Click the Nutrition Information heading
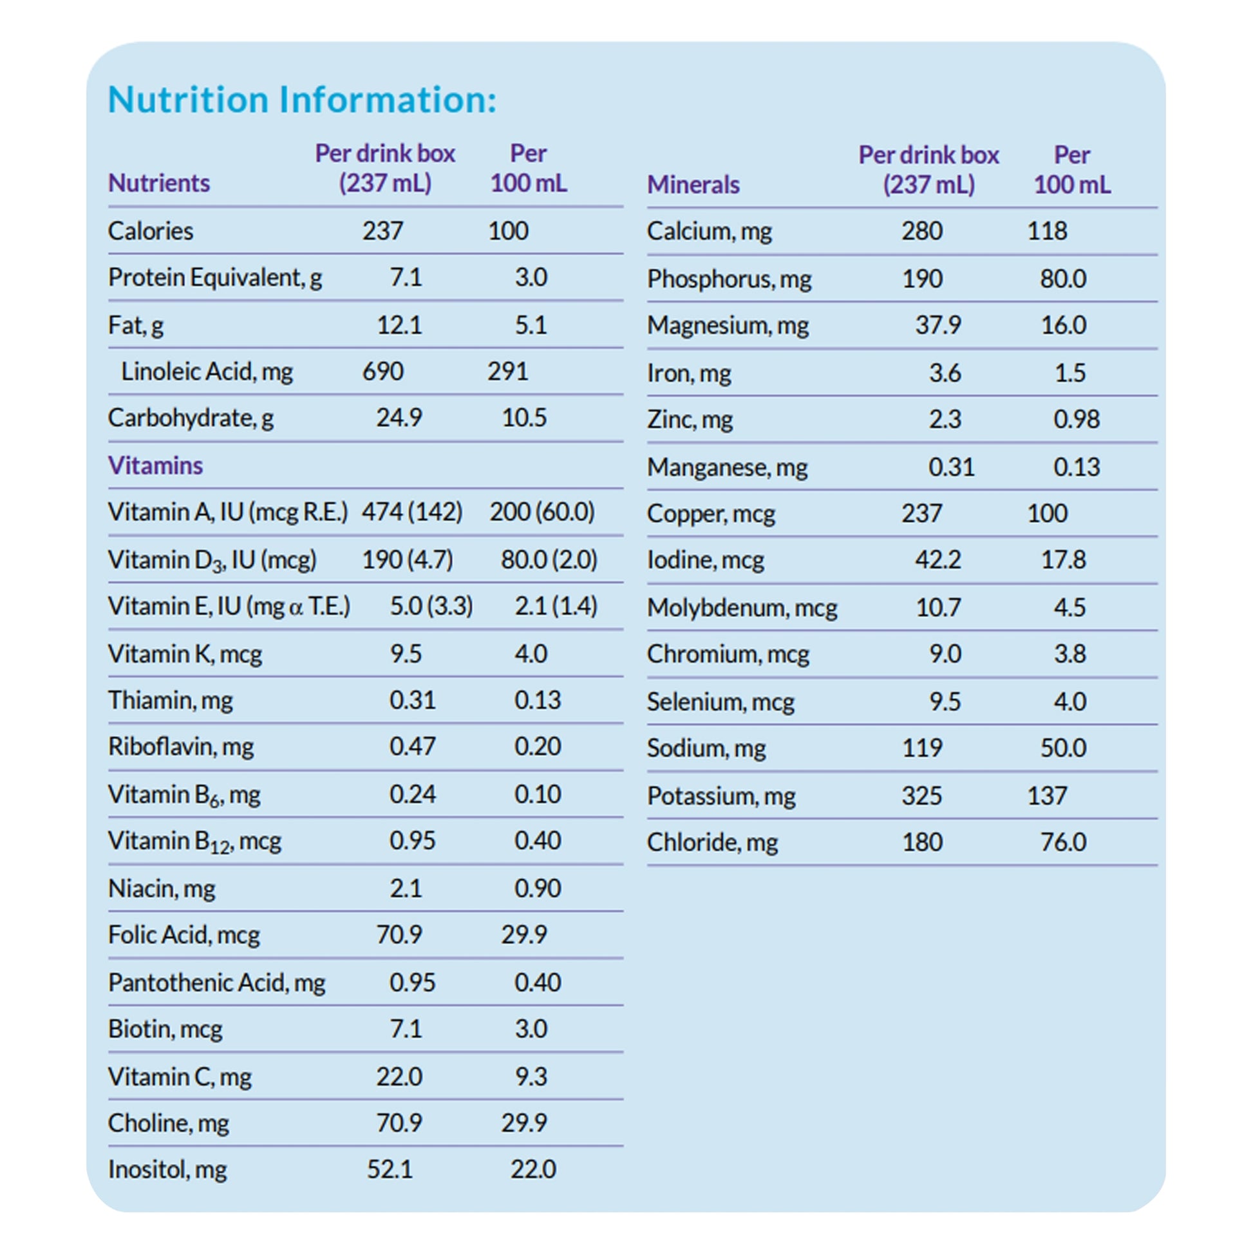click(301, 100)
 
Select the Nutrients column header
click(159, 183)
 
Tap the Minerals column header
click(693, 185)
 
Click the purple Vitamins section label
click(155, 466)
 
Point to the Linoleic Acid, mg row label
click(207, 372)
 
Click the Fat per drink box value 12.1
click(399, 325)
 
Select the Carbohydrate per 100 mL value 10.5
click(524, 418)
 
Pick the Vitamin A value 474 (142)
click(412, 512)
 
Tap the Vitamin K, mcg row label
click(185, 654)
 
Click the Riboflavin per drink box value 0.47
click(412, 746)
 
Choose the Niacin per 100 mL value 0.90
click(537, 888)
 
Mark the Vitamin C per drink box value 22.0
click(399, 1077)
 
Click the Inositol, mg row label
click(167, 1169)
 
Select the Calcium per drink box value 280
click(921, 231)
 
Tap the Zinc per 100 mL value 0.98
click(1076, 419)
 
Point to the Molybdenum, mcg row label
click(742, 608)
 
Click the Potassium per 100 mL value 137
click(1047, 795)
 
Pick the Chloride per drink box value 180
click(921, 842)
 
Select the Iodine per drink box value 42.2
click(937, 560)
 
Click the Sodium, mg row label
click(706, 748)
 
